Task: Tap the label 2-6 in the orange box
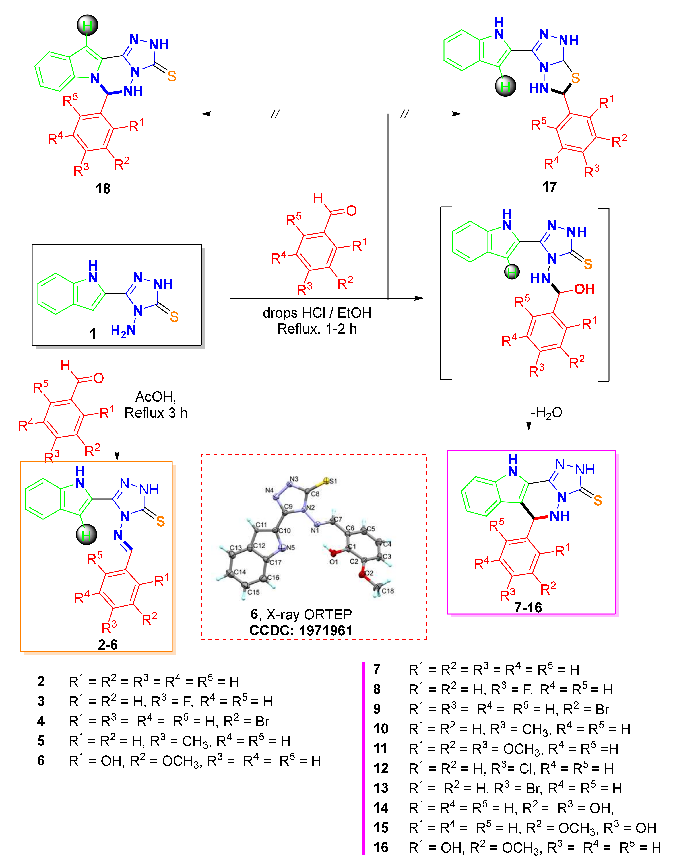[x=108, y=645]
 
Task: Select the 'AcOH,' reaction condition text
[x=156, y=397]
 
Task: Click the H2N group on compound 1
[x=123, y=330]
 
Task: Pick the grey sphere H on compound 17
[x=505, y=86]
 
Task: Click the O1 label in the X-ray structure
[x=334, y=562]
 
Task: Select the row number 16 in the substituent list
[x=381, y=847]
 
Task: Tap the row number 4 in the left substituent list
[x=41, y=721]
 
